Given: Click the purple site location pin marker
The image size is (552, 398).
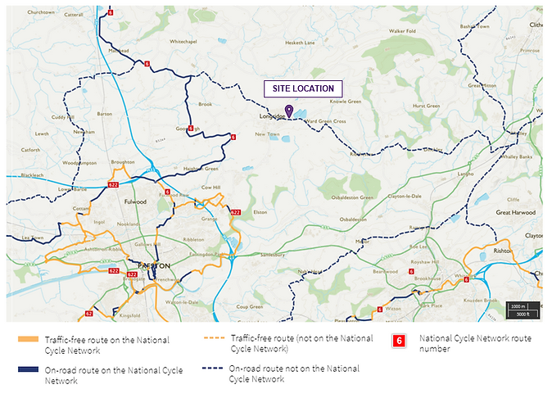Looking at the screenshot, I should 288,111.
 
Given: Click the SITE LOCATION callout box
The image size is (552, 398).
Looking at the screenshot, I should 303,88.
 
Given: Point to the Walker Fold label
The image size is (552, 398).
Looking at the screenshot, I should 402,31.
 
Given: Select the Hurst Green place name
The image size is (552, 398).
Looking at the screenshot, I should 426,106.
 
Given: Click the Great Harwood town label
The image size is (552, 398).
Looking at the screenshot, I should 514,211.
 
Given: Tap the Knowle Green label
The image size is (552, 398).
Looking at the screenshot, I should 345,102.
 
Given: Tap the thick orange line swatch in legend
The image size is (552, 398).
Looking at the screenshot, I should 28,340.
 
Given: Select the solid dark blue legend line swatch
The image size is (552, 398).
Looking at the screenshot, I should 28,370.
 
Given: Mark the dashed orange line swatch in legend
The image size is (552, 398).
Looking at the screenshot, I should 215,338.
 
